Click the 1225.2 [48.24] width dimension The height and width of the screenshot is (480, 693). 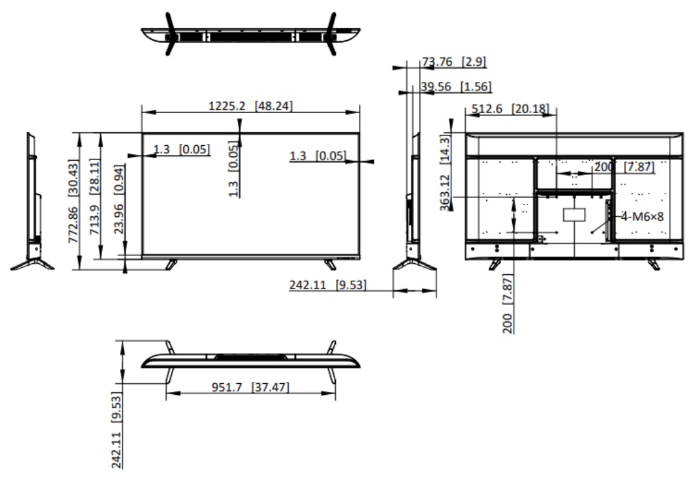click(250, 106)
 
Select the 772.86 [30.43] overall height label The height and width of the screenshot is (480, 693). click(74, 201)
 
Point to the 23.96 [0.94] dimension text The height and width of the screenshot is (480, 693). click(118, 199)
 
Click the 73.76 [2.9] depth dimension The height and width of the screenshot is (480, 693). click(454, 61)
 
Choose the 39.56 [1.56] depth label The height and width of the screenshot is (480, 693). click(456, 86)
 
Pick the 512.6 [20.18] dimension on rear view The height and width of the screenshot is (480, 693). click(510, 108)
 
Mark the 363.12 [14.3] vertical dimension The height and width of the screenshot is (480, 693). click(445, 172)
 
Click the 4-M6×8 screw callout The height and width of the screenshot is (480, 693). click(642, 216)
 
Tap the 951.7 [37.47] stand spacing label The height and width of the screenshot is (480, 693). click(250, 387)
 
